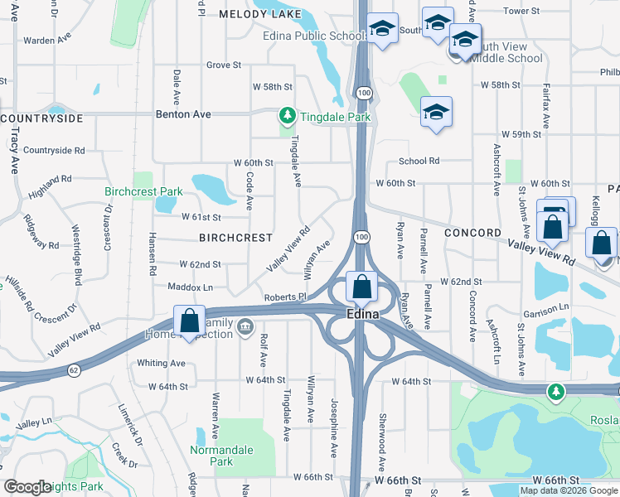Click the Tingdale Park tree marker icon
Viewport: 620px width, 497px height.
287,116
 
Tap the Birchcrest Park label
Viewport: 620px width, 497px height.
143,191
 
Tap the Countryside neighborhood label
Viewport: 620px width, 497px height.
42,118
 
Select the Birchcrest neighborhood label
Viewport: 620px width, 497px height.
235,238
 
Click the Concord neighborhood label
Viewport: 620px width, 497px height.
472,233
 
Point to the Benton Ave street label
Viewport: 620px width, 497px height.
183,115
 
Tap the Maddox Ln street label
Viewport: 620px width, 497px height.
191,287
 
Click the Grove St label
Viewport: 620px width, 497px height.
223,65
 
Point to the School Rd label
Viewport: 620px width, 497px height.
419,162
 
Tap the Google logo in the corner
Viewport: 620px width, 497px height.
28,487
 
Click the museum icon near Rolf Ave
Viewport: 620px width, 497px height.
245,327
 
